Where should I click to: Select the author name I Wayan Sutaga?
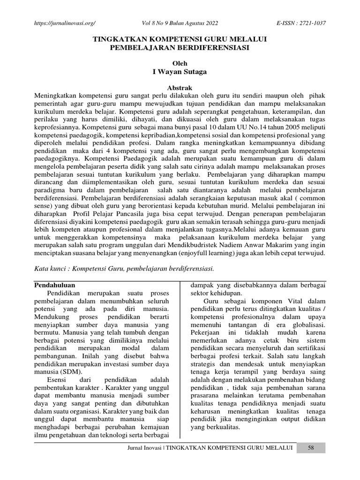[x=180, y=72]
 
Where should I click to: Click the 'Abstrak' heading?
[x=180, y=88]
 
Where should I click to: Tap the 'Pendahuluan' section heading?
[x=56, y=285]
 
